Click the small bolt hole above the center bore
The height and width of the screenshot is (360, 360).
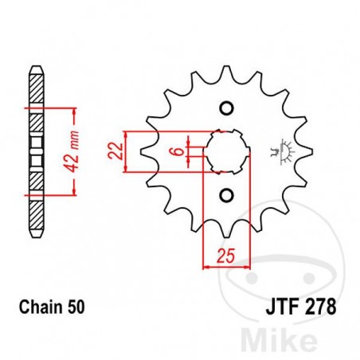[x=226, y=108]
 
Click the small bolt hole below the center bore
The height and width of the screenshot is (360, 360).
[x=226, y=194]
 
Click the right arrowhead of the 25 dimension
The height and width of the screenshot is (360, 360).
[x=248, y=268]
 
